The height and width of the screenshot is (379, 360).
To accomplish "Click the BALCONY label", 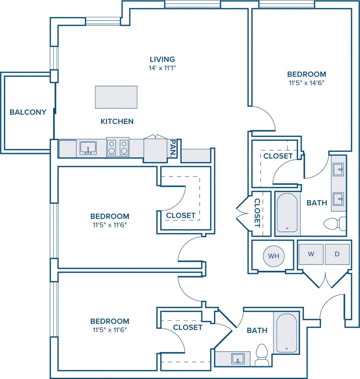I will [28, 112].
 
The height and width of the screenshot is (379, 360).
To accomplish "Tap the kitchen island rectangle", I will [116, 97].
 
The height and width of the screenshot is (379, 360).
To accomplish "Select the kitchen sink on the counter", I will [88, 148].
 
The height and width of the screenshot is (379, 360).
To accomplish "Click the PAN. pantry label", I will [173, 148].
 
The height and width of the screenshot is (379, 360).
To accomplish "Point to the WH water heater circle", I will [274, 256].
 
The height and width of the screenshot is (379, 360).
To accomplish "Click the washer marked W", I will [311, 254].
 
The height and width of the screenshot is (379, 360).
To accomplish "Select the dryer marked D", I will [337, 254].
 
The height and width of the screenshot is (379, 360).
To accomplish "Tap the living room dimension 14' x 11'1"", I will [162, 68].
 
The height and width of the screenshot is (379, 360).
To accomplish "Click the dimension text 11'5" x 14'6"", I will [307, 83].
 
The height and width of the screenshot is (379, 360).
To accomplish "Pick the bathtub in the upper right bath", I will [287, 213].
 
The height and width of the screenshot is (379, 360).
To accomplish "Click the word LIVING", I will [162, 59].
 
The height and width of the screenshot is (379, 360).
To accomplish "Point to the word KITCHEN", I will [117, 121].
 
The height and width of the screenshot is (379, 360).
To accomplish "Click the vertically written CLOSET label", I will [257, 213].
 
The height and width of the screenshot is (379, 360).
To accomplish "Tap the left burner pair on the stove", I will [112, 147].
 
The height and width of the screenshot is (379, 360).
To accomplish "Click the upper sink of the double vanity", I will [338, 170].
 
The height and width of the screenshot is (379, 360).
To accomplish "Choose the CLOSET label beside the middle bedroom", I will [181, 216].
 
